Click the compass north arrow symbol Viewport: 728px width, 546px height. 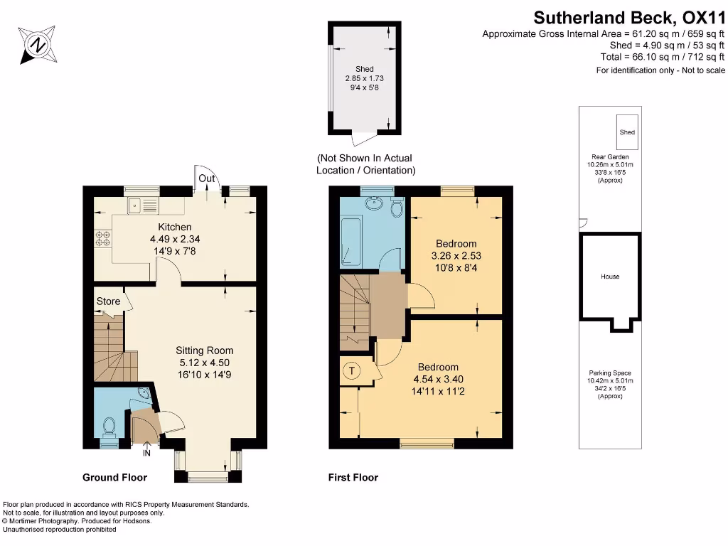point(36,44)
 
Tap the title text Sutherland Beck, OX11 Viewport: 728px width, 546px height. point(629,16)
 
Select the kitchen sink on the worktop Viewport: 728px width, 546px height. point(143,206)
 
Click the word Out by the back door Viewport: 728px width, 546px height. point(207,178)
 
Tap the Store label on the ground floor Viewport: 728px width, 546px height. point(108,301)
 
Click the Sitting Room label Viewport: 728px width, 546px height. point(205,350)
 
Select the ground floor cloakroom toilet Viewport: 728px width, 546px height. point(109,427)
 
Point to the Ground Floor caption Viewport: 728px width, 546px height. point(114,477)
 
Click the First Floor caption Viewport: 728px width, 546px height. point(353,477)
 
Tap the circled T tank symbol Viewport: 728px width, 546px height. point(351,370)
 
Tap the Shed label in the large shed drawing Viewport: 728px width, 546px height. point(364,69)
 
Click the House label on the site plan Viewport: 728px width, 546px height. point(609,277)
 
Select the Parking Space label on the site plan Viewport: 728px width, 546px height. point(609,373)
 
